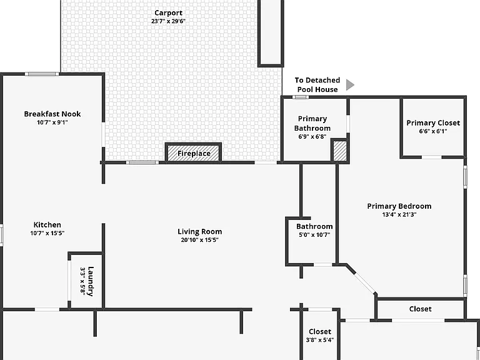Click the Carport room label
click(168, 13)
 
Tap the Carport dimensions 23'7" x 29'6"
click(168, 21)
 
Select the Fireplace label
click(194, 153)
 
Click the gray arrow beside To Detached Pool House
click(350, 85)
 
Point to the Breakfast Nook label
click(52, 114)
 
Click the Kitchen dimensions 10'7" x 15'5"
click(47, 233)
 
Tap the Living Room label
click(199, 232)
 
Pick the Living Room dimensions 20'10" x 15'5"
click(199, 240)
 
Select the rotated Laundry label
click(91, 281)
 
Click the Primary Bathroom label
click(312, 123)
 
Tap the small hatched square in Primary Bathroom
click(340, 150)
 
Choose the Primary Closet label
click(433, 122)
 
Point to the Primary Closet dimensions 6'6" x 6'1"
click(433, 131)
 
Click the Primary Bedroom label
click(399, 206)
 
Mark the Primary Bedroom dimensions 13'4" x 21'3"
click(399, 214)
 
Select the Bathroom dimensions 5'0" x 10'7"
click(314, 235)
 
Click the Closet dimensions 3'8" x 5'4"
click(320, 340)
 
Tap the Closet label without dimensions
click(420, 309)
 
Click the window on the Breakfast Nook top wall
click(42, 74)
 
